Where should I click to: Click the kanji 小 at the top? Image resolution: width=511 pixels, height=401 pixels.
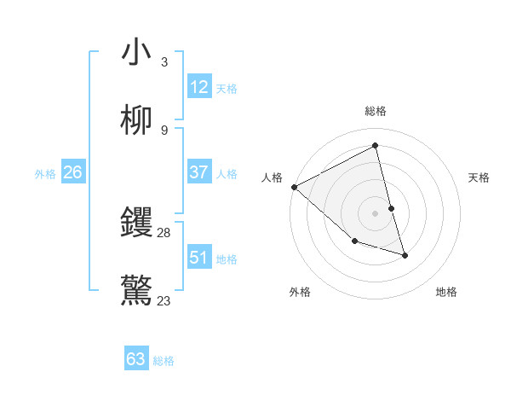pos(136,52)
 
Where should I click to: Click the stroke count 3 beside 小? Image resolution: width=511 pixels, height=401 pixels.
pos(164,62)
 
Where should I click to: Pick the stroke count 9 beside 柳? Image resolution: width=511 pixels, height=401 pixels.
pos(164,131)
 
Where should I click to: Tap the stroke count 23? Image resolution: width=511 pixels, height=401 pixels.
pos(164,300)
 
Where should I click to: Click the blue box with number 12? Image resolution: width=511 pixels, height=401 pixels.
pos(199,86)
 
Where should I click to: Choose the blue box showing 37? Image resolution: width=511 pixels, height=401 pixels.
pos(199,172)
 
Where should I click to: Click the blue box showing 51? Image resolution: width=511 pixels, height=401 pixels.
pos(199,257)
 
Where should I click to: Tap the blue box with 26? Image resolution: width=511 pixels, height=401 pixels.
pos(72,172)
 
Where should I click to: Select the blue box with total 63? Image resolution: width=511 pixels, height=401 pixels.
pos(136,359)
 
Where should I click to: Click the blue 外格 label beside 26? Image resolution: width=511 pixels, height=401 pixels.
pos(45,174)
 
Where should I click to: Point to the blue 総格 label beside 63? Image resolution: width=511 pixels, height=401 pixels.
pos(164,361)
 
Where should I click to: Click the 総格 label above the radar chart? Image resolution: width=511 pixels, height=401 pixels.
pos(376,111)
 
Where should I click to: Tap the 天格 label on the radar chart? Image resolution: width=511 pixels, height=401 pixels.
pos(479,177)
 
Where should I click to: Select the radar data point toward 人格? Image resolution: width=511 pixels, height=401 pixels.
pos(294,187)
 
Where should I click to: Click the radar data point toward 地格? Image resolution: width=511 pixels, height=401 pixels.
pos(405,255)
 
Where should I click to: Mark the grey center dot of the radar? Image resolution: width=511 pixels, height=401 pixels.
pos(376,212)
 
